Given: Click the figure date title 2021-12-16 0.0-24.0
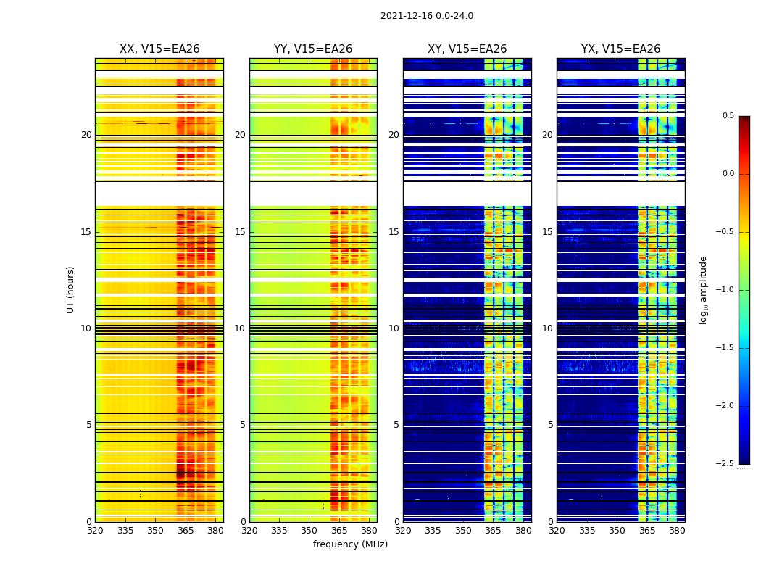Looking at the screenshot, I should click(426, 16).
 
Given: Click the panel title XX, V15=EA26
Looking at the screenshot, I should click(159, 49).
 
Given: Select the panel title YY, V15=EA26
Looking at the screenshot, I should click(313, 49).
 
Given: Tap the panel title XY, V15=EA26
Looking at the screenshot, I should click(467, 49).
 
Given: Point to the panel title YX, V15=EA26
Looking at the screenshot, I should click(620, 49).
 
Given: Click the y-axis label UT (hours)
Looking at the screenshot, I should click(71, 289).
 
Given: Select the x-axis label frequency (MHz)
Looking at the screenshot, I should click(350, 544).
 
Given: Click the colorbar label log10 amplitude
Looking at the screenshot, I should click(703, 289).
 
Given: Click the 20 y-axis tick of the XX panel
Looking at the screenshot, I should click(86, 135).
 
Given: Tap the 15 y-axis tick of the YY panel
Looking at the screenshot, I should click(240, 232).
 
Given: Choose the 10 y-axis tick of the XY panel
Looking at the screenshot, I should click(394, 328).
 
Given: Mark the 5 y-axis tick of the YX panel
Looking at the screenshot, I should click(550, 425).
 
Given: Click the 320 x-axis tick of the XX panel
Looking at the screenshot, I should click(95, 531).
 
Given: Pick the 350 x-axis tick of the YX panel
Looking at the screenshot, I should click(617, 531).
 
